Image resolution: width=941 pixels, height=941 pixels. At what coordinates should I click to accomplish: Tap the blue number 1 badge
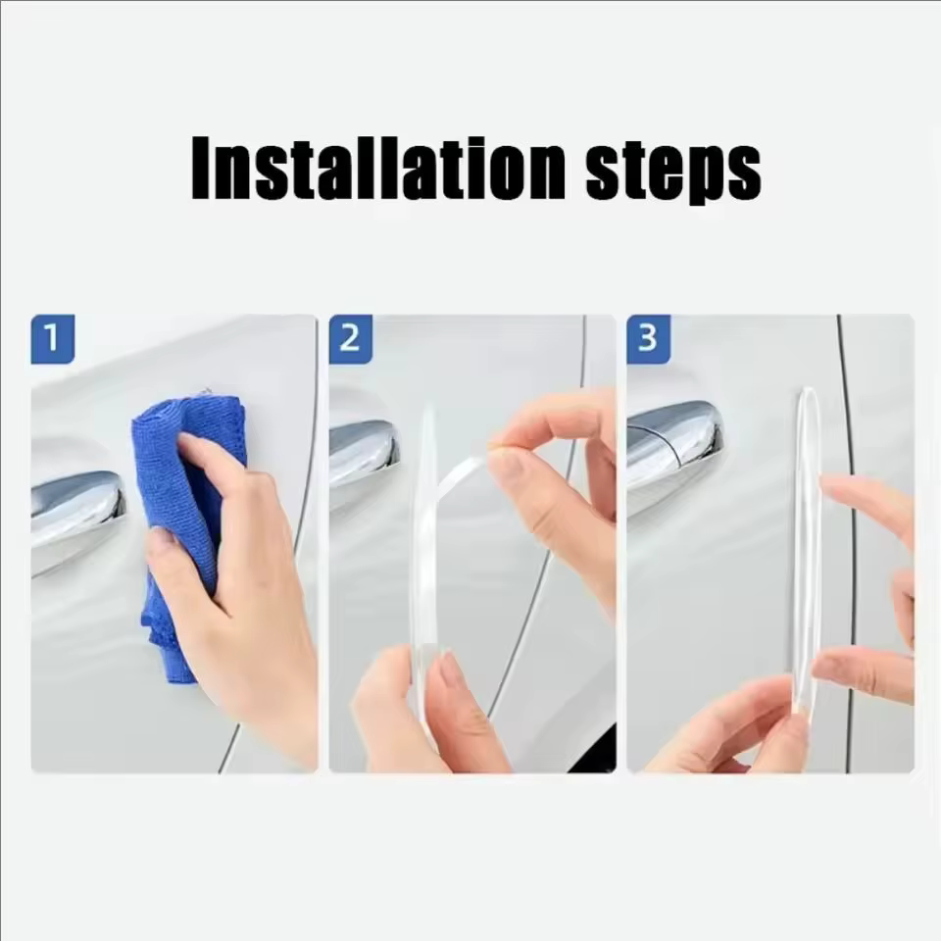tap(53, 338)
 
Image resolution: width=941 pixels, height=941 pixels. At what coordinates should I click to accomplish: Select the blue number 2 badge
tap(351, 338)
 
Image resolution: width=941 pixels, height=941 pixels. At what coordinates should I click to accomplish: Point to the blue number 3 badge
tap(648, 338)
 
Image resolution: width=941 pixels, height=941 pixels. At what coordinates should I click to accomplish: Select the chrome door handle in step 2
tap(363, 453)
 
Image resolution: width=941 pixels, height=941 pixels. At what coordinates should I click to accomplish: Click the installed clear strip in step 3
tap(807, 549)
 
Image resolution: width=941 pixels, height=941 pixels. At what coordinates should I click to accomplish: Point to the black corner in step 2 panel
tap(597, 753)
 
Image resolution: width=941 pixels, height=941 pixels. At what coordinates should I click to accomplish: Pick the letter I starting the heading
tap(201, 169)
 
